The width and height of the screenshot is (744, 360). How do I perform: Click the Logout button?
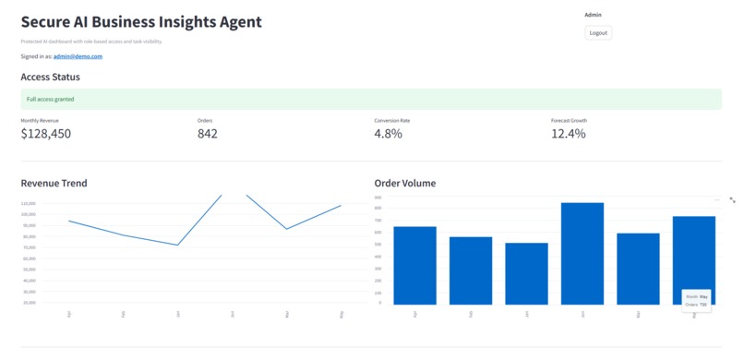[x=598, y=32]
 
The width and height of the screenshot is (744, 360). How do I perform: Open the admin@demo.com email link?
[x=78, y=56]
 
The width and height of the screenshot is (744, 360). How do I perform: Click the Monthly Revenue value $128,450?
[x=45, y=134]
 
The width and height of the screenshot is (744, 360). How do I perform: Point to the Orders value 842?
[x=208, y=134]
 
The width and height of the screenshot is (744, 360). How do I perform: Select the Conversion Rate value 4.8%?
[x=388, y=134]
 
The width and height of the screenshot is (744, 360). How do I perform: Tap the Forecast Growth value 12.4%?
[x=568, y=134]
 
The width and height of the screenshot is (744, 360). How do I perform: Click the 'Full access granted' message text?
[x=50, y=99]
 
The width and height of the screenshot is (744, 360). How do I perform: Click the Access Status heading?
[x=50, y=78]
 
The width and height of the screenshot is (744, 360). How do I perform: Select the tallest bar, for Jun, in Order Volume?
[x=582, y=254]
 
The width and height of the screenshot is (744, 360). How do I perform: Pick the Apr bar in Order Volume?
[x=414, y=266]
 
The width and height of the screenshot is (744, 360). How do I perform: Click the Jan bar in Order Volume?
[x=525, y=274]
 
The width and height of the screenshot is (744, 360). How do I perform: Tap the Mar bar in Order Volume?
[x=638, y=269]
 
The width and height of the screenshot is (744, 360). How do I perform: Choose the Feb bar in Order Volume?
[x=471, y=270]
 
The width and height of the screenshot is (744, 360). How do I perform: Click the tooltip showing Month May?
[x=696, y=300]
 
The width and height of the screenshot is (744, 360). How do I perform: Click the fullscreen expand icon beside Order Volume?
[x=732, y=199]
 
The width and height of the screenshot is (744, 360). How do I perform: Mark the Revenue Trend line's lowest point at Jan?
[x=177, y=245]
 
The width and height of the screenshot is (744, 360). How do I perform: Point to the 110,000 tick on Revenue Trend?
[x=28, y=203]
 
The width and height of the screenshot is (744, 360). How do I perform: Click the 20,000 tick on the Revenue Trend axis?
[x=28, y=303]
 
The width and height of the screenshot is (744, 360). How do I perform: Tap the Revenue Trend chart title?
[x=54, y=183]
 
